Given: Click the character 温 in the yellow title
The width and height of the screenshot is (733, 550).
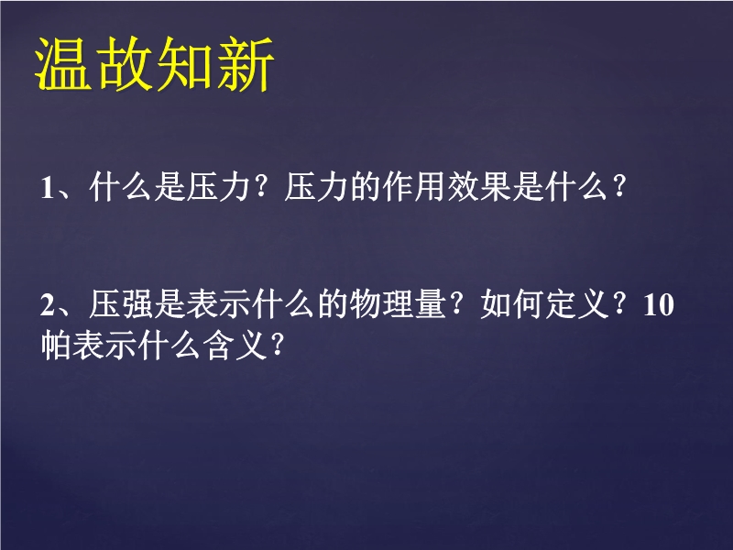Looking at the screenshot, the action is click(x=63, y=63).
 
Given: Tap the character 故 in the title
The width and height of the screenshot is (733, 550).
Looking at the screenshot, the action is click(x=124, y=63).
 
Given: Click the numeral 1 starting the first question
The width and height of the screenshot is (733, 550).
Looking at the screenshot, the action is click(x=48, y=188).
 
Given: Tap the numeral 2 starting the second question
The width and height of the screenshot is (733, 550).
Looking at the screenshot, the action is click(x=48, y=305).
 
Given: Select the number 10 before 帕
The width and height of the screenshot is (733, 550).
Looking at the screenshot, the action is click(x=659, y=305).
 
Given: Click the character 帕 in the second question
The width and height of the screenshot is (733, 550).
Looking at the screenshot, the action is click(x=56, y=346).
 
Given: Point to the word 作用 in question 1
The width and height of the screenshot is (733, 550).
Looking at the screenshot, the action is click(x=414, y=187).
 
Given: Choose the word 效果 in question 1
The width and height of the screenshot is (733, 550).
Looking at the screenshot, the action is click(x=479, y=187).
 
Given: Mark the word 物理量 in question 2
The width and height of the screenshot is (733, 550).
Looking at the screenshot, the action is click(x=398, y=304).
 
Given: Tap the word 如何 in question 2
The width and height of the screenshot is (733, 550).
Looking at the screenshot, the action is click(x=512, y=304).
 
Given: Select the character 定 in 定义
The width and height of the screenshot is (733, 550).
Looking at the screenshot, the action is click(x=561, y=304).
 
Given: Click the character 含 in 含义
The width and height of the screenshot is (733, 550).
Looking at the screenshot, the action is click(x=218, y=346).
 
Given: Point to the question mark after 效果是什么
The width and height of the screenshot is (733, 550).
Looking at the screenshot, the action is click(x=619, y=187).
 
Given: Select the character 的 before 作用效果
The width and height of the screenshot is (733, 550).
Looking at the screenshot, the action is click(x=366, y=187).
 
